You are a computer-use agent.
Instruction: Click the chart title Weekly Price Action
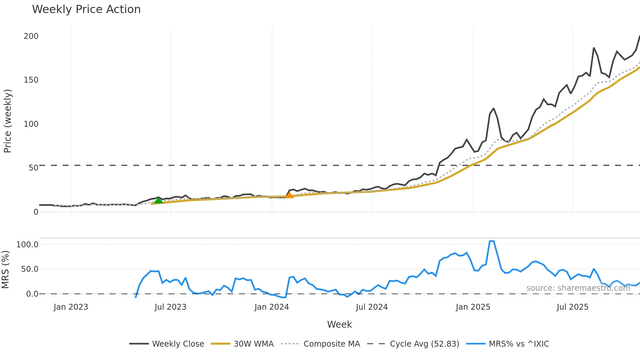86,9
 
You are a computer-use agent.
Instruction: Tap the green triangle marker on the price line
158,200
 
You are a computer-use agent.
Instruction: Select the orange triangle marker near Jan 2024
289,195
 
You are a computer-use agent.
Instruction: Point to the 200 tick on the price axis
31,36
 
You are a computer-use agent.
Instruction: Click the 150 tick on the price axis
31,80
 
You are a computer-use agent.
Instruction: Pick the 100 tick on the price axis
31,124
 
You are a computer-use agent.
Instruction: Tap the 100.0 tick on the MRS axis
27,245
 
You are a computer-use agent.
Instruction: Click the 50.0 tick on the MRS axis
30,269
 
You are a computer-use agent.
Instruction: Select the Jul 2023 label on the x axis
170,307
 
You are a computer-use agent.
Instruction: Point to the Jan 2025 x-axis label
473,307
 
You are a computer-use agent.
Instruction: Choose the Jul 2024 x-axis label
372,307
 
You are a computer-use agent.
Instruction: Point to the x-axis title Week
339,324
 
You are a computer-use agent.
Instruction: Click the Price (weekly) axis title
8,121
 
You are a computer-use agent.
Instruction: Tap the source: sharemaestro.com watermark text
578,288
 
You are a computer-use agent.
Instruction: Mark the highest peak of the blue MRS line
491,241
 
